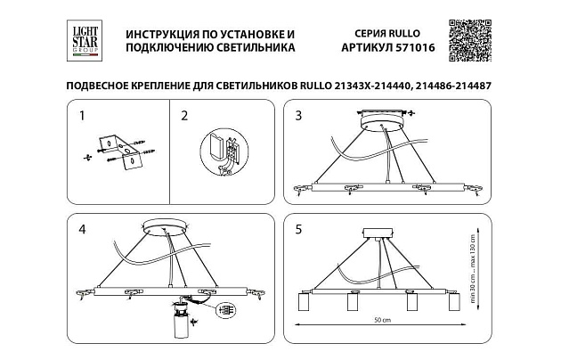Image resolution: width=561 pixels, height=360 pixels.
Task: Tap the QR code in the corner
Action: (x=469, y=39)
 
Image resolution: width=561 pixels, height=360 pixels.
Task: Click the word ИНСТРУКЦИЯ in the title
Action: (x=167, y=32)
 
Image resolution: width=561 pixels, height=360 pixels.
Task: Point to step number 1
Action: (x=82, y=115)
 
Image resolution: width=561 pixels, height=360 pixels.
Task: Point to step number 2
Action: (x=184, y=115)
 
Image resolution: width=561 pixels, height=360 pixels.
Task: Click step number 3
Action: (x=299, y=115)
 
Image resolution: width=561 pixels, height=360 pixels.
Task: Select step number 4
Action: (x=82, y=229)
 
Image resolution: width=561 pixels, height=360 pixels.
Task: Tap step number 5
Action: (x=299, y=229)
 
